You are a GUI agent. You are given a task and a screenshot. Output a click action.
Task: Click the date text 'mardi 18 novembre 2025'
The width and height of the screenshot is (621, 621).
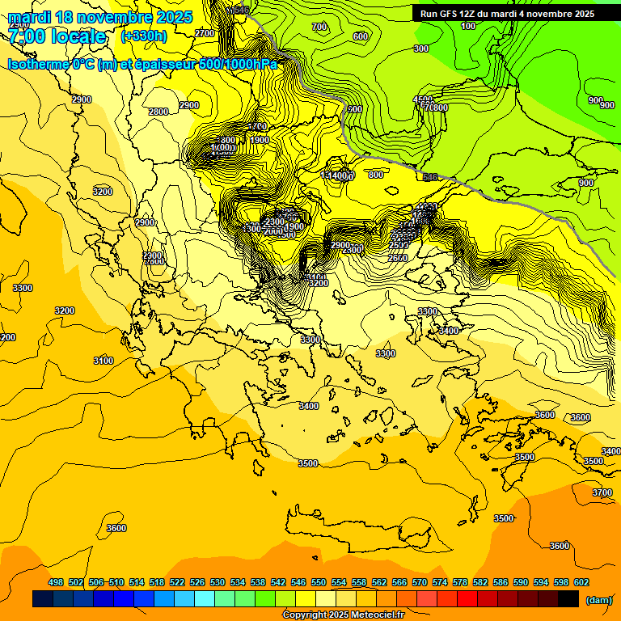tap(100, 17)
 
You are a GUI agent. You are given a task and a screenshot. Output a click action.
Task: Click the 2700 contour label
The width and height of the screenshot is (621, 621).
tap(205, 33)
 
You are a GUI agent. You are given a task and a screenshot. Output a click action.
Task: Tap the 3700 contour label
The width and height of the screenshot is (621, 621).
tap(602, 492)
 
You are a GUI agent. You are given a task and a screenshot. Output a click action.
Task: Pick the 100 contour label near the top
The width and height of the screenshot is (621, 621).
tap(468, 27)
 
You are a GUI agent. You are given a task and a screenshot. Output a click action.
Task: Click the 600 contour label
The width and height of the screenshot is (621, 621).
tap(361, 36)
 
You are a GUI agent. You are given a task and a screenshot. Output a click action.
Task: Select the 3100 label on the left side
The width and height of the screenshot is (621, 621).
tap(103, 361)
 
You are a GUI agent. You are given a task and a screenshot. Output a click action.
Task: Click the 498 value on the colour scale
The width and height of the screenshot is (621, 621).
tap(56, 582)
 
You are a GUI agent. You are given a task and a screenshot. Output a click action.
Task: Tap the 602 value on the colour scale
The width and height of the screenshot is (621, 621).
tap(581, 582)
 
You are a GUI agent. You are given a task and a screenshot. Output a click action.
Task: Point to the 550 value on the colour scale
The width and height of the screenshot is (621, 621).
tap(319, 582)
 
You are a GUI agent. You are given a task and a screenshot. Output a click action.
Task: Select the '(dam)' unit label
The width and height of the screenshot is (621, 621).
tap(599, 599)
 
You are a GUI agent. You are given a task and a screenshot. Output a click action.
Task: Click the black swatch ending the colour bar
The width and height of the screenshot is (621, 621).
tap(568, 599)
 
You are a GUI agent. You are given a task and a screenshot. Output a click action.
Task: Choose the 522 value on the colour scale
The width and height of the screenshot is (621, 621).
tap(177, 582)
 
